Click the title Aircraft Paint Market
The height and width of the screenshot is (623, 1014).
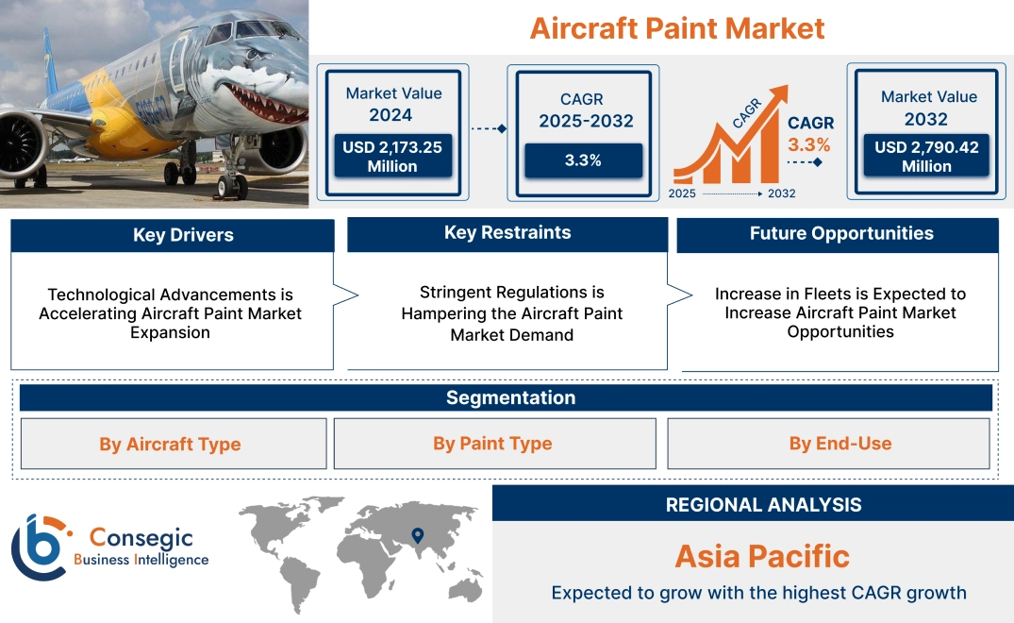click(676, 27)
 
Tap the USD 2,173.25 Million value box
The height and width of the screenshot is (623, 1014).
click(392, 156)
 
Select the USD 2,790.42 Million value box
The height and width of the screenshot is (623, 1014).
click(926, 156)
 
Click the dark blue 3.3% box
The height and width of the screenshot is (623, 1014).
click(583, 160)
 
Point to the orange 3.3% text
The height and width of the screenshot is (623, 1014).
click(809, 144)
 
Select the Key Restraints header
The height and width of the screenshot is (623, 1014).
click(507, 233)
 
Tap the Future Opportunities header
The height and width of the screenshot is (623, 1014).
click(840, 233)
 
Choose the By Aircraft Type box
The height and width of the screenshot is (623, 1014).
click(171, 444)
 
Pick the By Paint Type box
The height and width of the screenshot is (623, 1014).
click(493, 444)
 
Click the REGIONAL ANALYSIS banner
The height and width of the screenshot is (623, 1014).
click(763, 505)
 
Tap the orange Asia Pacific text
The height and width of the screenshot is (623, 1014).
click(761, 556)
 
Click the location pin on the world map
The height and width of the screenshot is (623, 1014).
click(417, 536)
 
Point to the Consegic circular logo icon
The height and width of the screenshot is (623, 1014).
click(41, 547)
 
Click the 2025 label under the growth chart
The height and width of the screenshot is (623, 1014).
click(683, 194)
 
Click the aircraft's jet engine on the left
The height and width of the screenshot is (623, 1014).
click(19, 141)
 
